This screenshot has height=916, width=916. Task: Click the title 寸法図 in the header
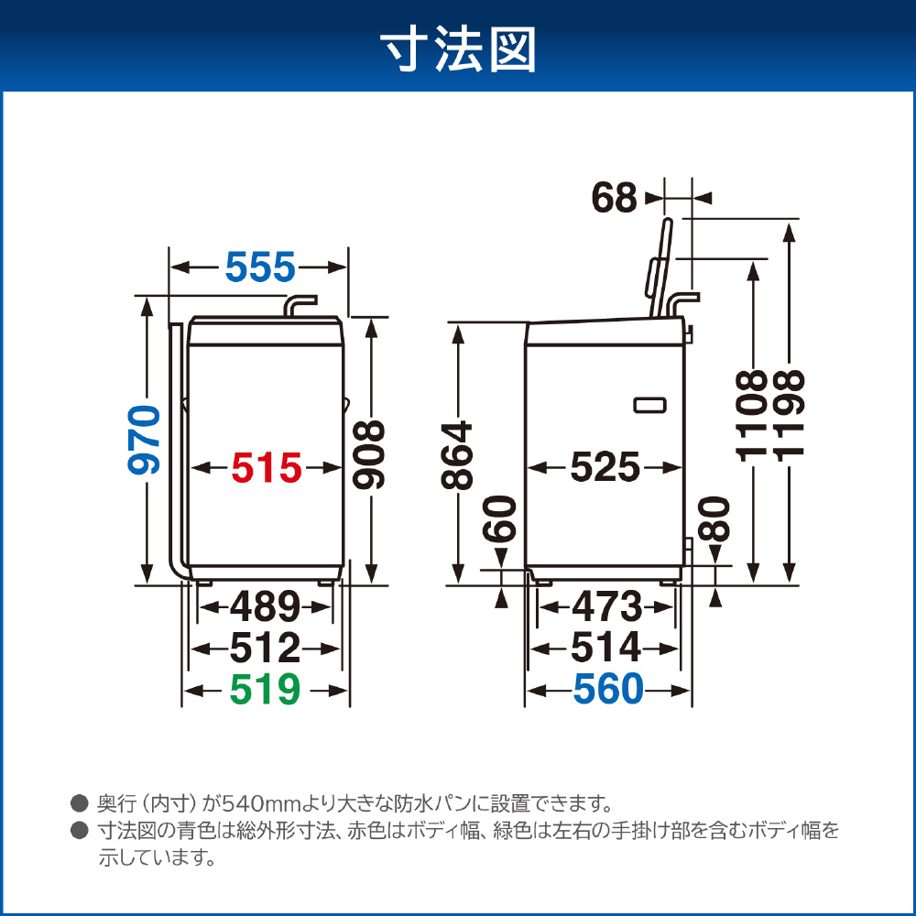(x=458, y=50)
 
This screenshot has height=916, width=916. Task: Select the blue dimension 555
(x=260, y=267)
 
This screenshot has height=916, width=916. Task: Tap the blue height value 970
(x=144, y=440)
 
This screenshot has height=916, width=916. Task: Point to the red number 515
(x=267, y=468)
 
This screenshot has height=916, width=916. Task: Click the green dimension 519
(x=266, y=690)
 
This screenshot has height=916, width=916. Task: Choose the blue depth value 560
(x=608, y=690)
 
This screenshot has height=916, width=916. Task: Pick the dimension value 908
(x=369, y=454)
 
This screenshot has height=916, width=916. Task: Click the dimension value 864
(x=456, y=455)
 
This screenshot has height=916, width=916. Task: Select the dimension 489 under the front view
(x=266, y=606)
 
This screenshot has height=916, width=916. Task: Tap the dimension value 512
(x=265, y=648)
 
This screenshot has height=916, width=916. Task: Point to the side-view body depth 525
(x=605, y=467)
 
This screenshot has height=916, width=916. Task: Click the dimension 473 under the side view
(x=606, y=606)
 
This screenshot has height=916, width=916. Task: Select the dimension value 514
(x=605, y=648)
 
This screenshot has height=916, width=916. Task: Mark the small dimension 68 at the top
(x=614, y=198)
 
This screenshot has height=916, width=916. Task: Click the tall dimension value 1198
(x=790, y=416)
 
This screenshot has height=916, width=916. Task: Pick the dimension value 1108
(x=751, y=416)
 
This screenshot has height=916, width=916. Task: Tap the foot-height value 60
(x=501, y=518)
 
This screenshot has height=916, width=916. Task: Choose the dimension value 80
(x=714, y=518)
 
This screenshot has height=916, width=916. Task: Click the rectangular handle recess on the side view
(x=650, y=404)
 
